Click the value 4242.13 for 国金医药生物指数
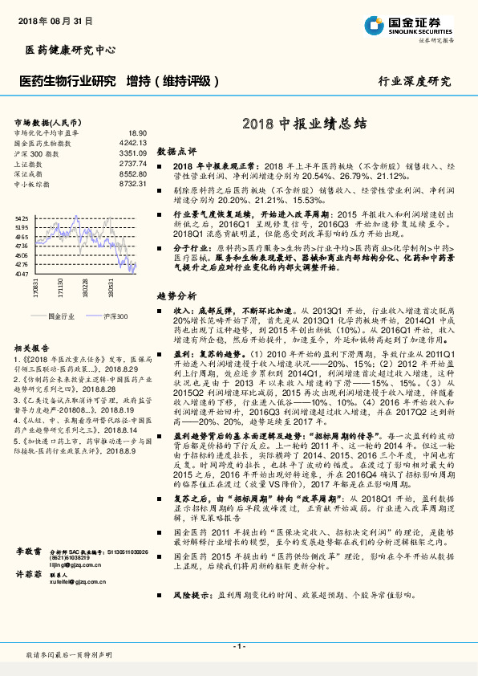(x=132, y=142)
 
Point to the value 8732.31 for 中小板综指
(x=132, y=184)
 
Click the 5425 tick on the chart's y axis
(x=22, y=218)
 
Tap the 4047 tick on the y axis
(x=22, y=274)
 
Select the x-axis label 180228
(x=85, y=287)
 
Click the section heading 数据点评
(x=176, y=150)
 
